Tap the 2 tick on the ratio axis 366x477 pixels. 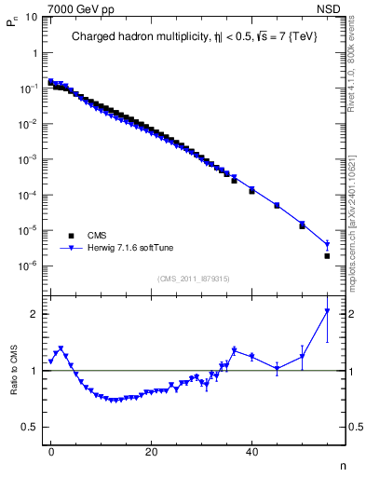tap(34, 314)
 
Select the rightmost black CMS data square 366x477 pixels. tap(327, 255)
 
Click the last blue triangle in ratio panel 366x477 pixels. tap(327, 311)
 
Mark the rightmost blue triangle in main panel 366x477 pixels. tap(327, 245)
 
